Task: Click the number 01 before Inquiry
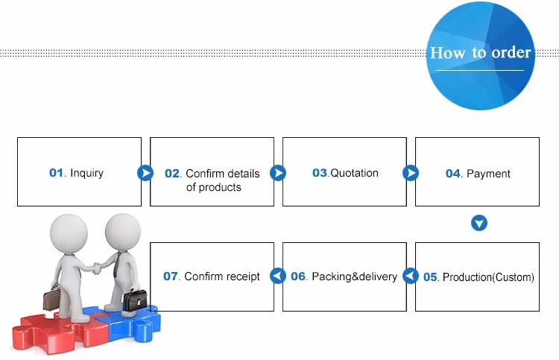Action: (57, 173)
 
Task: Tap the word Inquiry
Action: (86, 173)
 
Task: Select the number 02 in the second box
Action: (172, 174)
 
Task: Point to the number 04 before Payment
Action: (453, 174)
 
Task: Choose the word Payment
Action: (488, 174)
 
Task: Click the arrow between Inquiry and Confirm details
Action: (145, 173)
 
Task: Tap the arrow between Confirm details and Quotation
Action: (278, 173)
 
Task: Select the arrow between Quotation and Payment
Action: (411, 173)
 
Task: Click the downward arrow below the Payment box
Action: (479, 223)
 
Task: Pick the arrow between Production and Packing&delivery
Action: (411, 277)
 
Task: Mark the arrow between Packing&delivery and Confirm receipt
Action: (278, 277)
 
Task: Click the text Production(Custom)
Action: (488, 277)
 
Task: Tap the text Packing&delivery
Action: (354, 277)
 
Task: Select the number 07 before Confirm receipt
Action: (171, 277)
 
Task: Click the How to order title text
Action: (481, 53)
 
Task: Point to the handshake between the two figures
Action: (95, 266)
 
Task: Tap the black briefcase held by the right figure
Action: (135, 300)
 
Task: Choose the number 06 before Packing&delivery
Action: (298, 277)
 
